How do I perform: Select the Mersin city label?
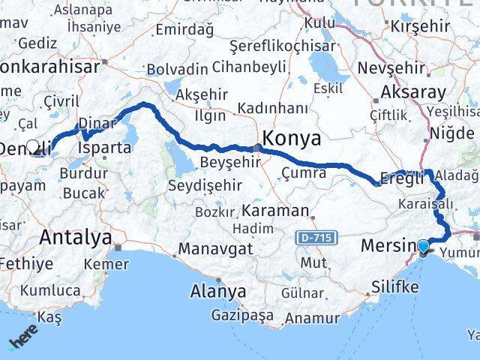(388, 245)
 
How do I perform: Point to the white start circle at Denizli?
(32, 147)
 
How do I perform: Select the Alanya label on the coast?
(218, 290)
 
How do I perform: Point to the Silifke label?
(398, 286)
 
